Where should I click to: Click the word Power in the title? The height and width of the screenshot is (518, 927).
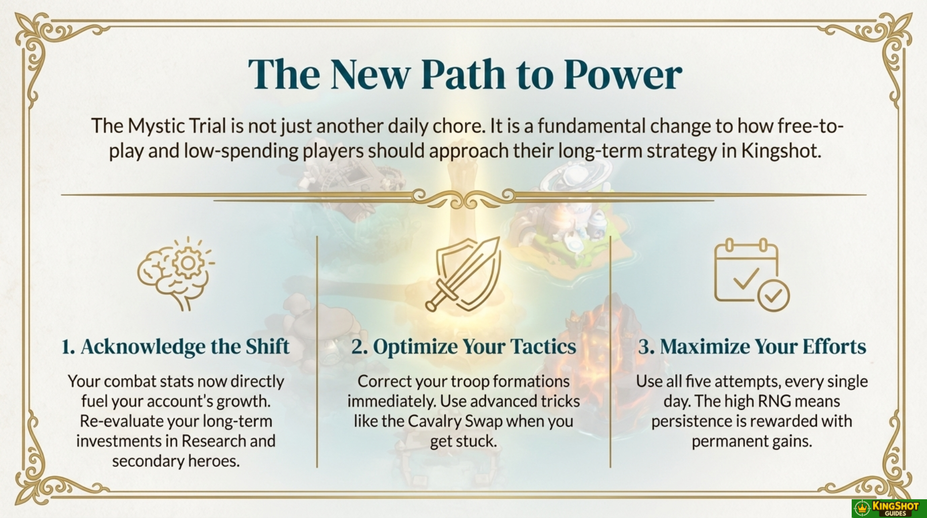[x=623, y=75]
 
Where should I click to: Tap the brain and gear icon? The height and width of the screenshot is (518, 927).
[x=175, y=273]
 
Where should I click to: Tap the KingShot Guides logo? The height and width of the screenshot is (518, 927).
[x=889, y=508]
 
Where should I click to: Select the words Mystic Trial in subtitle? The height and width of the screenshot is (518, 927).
[x=176, y=126]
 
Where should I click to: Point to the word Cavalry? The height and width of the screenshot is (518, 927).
[x=434, y=421]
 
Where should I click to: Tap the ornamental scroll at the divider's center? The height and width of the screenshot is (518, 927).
[x=464, y=198]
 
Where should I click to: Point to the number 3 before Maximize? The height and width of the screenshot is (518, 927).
[x=645, y=347]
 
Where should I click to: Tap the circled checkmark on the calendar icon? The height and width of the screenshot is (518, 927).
[x=773, y=295]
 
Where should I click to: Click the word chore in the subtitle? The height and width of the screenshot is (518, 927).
[x=460, y=126]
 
